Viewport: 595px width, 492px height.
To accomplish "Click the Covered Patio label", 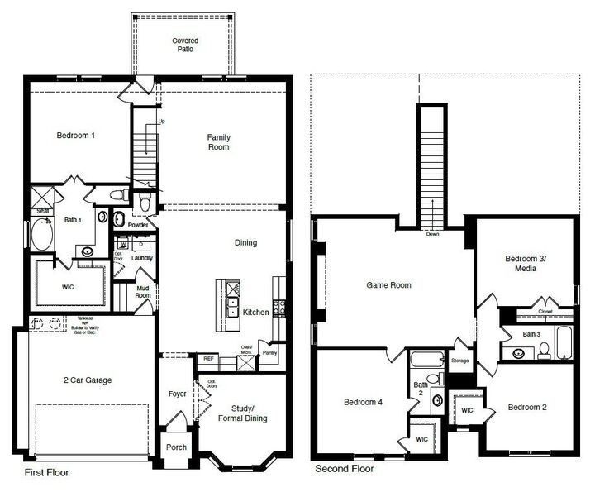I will tap(184, 45).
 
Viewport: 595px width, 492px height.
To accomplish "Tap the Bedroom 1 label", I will tap(75, 136).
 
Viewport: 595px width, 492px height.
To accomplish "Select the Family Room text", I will tap(218, 141).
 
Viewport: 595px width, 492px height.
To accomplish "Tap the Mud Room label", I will tap(143, 291).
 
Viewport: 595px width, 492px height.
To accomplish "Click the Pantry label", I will tap(269, 352).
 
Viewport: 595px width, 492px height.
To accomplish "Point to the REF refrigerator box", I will tap(207, 359).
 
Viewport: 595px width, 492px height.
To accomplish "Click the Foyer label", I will tap(178, 394).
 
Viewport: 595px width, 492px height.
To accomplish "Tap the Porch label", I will tap(177, 447).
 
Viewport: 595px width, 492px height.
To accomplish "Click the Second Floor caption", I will tap(345, 469).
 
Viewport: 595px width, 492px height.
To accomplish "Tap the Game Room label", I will tap(388, 285).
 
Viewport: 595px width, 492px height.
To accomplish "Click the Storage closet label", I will tap(460, 361).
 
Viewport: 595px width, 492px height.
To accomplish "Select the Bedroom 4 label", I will tap(363, 403).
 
